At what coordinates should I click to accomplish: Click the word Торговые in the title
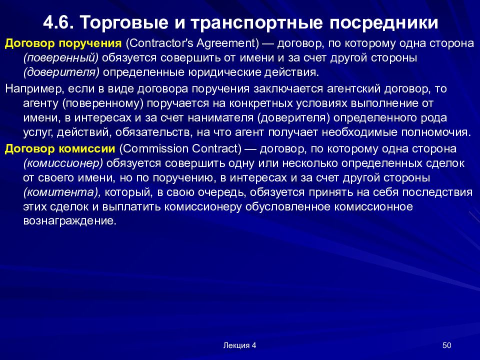(119, 22)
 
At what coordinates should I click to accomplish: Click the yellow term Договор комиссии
(60, 148)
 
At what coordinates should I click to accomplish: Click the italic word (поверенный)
(61, 57)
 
